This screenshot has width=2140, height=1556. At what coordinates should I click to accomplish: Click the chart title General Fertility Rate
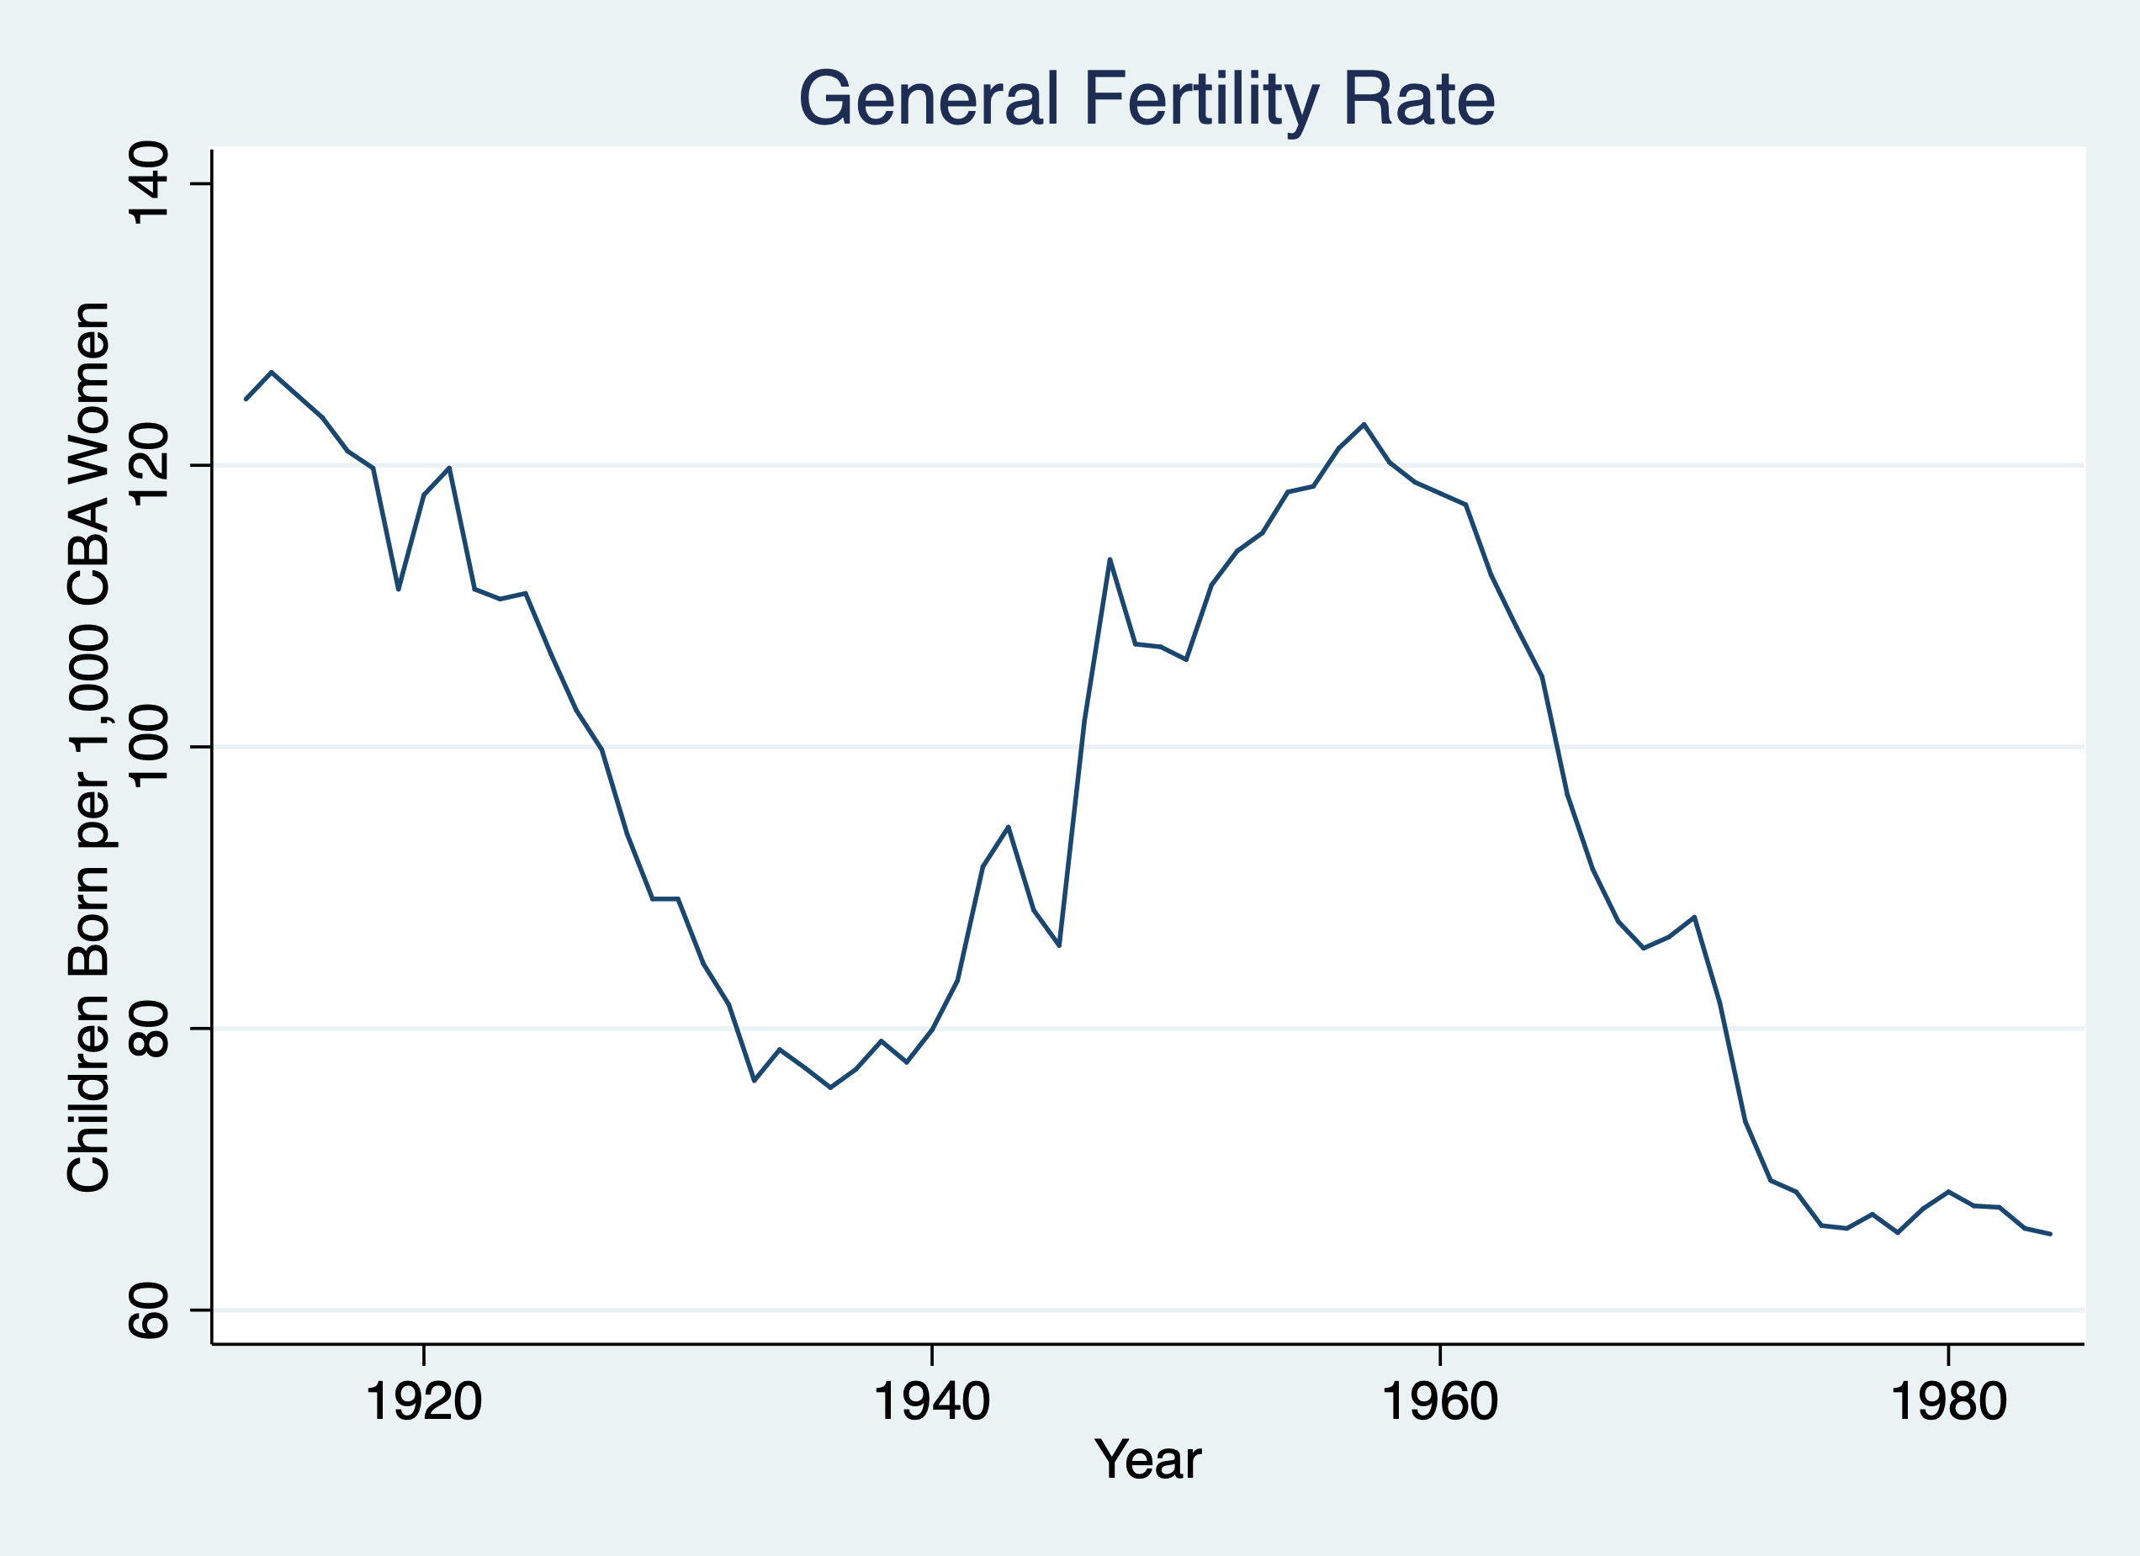[1147, 99]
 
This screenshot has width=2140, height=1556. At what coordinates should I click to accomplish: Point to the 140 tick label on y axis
[149, 183]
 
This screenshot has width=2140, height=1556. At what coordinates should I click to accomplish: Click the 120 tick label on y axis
[149, 465]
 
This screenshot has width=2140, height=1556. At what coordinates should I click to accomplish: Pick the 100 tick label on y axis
[149, 748]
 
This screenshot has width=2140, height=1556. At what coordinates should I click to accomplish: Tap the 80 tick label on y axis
[149, 1029]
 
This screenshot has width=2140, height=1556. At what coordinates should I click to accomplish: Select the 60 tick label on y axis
[149, 1310]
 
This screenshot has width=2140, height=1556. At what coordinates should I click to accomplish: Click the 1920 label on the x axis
[424, 1402]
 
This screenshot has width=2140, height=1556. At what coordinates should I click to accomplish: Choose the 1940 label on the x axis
[932, 1402]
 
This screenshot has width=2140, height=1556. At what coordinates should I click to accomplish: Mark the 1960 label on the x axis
[1440, 1402]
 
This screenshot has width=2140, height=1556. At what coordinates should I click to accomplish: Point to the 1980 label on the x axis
[1948, 1402]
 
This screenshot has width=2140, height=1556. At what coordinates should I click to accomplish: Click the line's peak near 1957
[1364, 424]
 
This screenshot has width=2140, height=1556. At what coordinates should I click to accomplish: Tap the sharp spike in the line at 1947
[1110, 559]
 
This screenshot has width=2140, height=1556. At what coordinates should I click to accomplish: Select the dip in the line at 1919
[398, 590]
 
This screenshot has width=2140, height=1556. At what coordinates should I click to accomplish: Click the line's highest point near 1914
[272, 372]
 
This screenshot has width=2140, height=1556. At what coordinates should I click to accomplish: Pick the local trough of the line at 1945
[1060, 945]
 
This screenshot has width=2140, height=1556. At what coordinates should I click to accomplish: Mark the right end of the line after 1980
[2049, 1234]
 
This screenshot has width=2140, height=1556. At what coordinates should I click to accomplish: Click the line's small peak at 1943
[1009, 827]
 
